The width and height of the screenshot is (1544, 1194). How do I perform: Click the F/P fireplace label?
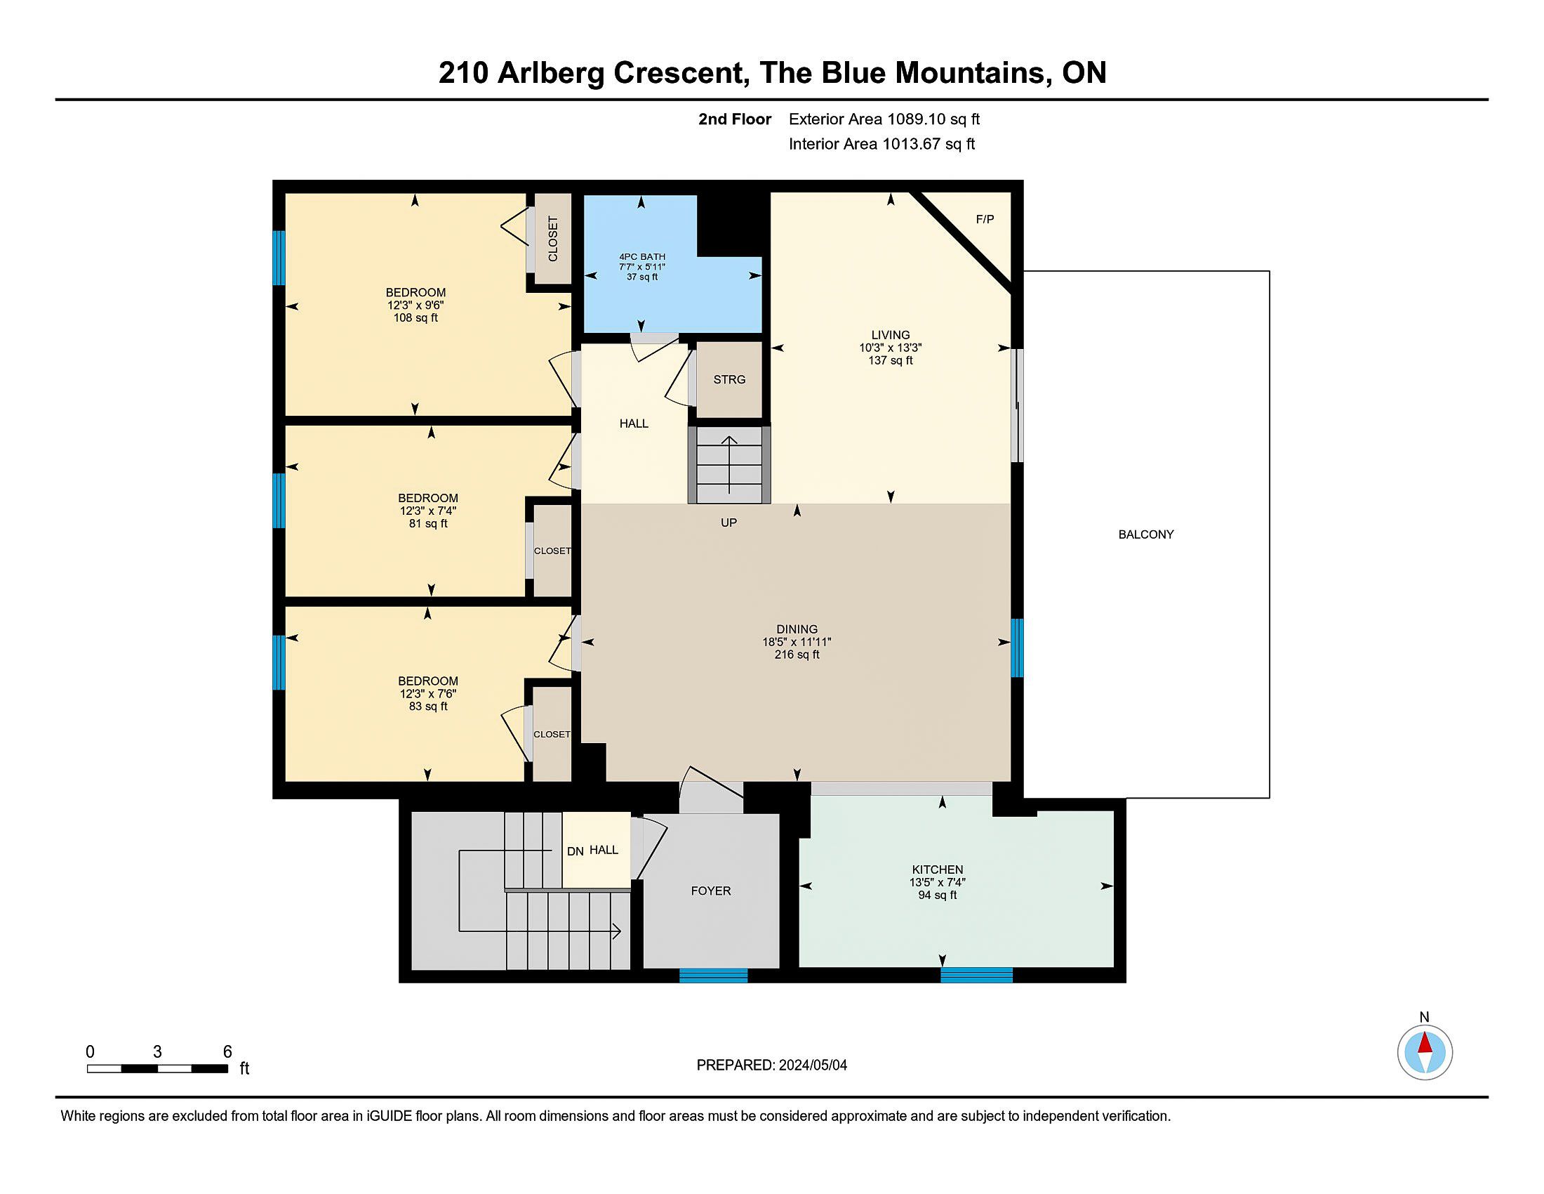[x=985, y=219]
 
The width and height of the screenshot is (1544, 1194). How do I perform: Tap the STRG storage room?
[x=729, y=380]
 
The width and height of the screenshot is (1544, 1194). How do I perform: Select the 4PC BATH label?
[x=642, y=257]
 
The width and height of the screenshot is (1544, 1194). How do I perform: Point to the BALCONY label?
[x=1146, y=534]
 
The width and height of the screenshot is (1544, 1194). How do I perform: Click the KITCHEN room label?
[x=938, y=870]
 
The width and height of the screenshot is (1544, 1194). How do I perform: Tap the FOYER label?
[x=711, y=891]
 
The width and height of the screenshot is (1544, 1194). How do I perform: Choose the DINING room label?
[x=797, y=629]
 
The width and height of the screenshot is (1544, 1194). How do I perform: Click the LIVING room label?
[x=891, y=334]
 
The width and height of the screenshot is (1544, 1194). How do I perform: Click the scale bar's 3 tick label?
[x=157, y=1052]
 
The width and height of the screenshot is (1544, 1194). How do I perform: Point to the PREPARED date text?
[x=772, y=1065]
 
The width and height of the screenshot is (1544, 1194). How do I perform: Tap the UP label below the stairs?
[x=729, y=523]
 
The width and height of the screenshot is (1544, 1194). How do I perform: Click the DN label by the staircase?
[x=575, y=852]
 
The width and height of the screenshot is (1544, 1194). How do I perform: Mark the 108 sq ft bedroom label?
[x=415, y=318]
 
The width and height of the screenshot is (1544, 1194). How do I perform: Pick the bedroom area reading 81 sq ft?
[x=428, y=524]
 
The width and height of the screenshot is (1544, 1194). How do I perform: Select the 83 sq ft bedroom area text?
[x=428, y=707]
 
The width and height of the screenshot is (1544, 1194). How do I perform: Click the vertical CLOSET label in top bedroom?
[x=553, y=238]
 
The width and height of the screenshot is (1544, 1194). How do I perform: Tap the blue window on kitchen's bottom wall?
[x=976, y=975]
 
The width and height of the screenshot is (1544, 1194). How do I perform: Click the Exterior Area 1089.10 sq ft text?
[x=884, y=119]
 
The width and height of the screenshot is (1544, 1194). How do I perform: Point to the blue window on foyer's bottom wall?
[x=713, y=976]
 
